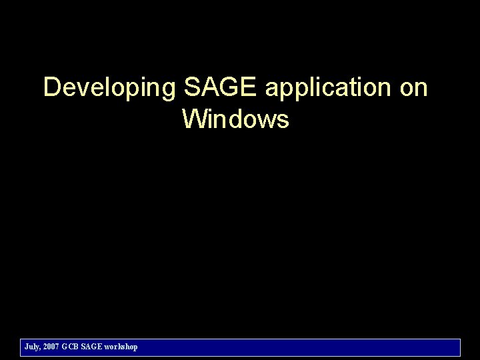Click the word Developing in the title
(x=109, y=88)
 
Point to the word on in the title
(x=413, y=88)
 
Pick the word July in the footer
(x=31, y=347)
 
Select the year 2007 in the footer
(x=51, y=347)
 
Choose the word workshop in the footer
(x=121, y=347)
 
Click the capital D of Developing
(x=51, y=88)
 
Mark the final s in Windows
(x=283, y=121)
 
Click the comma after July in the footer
(x=40, y=349)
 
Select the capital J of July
(x=26, y=347)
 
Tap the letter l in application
(x=305, y=88)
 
